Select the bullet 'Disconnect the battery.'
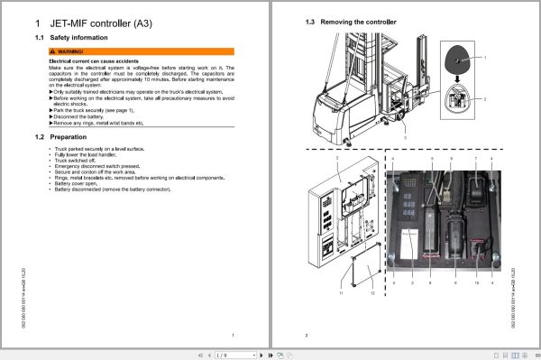(82, 116)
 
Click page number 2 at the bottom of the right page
(307, 335)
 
